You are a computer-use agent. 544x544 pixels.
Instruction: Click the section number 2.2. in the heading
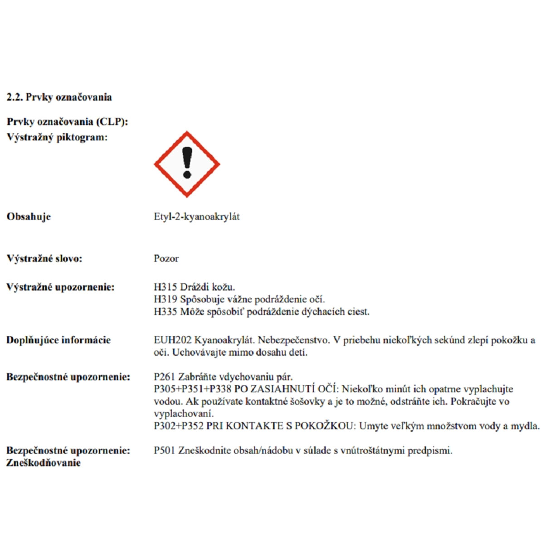coord(15,97)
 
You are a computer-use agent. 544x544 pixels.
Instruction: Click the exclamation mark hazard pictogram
coord(187,164)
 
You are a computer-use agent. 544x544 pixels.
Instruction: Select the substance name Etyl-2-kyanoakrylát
coord(197,217)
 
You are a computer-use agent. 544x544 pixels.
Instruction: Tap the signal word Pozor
coord(166,259)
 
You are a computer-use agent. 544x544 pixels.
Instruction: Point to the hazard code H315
coord(165,287)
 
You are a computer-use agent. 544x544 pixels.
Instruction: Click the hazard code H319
coord(165,299)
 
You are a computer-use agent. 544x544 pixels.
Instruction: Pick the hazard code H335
coord(165,312)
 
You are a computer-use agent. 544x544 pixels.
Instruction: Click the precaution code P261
coord(165,377)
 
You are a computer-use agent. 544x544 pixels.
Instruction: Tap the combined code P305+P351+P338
coord(193,389)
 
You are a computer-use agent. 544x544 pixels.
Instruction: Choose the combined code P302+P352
coord(179,426)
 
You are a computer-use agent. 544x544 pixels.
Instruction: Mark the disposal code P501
coord(165,451)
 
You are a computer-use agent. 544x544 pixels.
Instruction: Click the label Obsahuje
coord(29,217)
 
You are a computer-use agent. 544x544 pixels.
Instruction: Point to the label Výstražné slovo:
coord(44,259)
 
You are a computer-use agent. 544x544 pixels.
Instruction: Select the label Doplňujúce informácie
coord(58,340)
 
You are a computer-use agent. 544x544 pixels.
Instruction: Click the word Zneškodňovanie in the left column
coord(44,463)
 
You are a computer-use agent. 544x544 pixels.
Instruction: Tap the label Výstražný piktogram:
coord(57,137)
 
